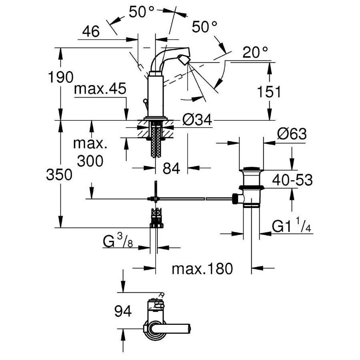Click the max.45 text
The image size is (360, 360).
coord(100,89)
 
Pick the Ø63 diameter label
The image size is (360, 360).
coord(292,134)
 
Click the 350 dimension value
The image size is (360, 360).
coord(59,174)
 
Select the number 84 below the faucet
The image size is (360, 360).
coord(171,168)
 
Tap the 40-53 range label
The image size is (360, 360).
coord(292,180)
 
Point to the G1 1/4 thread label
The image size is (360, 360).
coord(291,227)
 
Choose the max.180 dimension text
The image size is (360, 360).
coord(202,269)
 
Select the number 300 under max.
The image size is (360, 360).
coord(90,161)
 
